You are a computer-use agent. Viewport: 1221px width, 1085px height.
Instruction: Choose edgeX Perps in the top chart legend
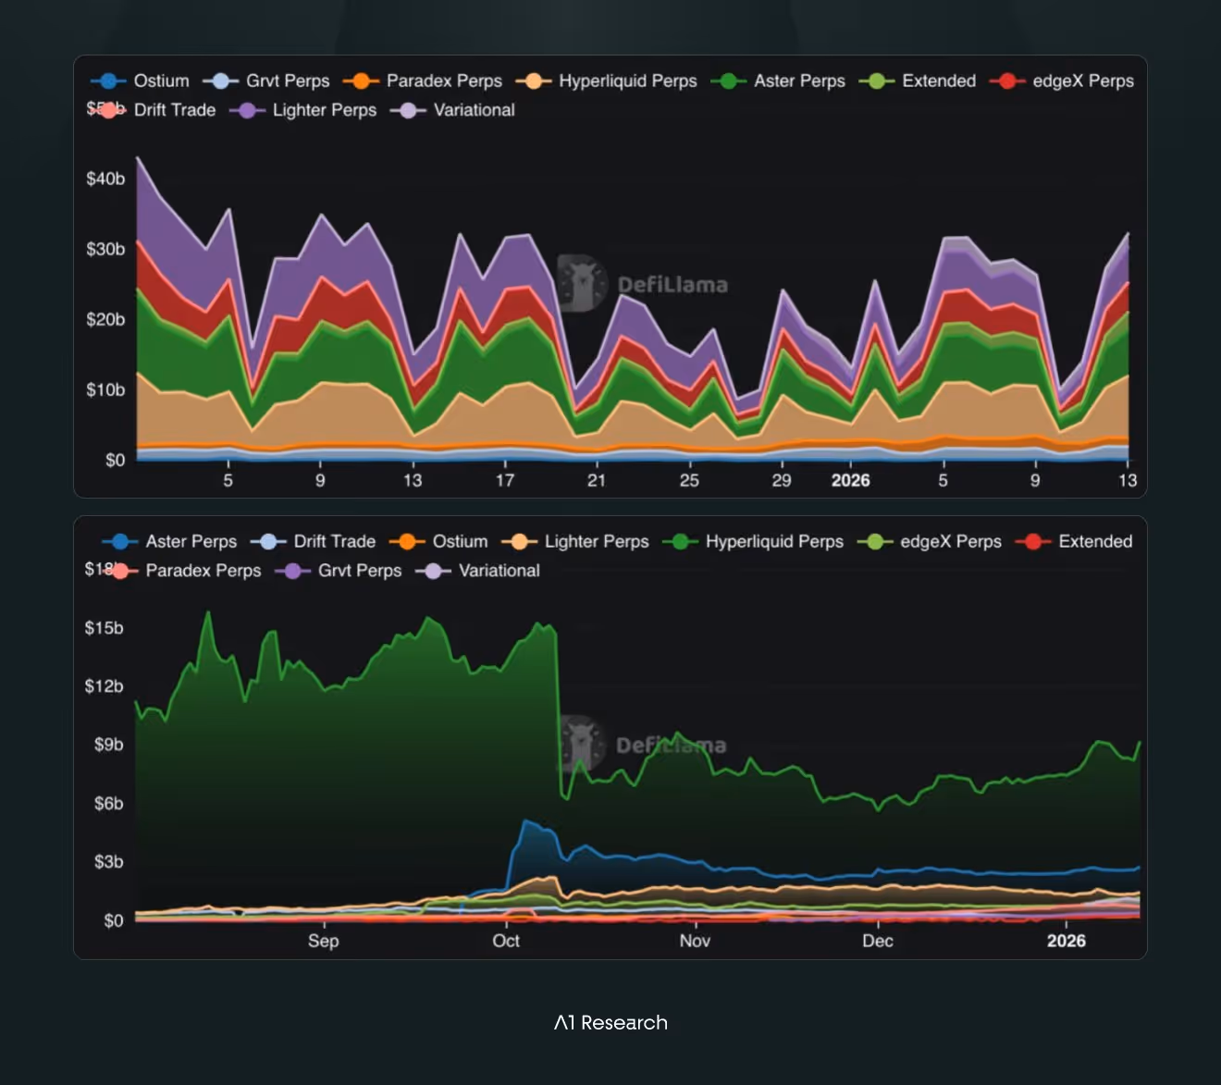[1063, 81]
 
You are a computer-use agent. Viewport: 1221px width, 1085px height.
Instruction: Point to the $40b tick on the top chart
[105, 179]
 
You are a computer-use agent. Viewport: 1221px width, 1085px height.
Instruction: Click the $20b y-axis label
[105, 319]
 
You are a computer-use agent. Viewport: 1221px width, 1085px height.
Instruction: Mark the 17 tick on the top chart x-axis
[505, 480]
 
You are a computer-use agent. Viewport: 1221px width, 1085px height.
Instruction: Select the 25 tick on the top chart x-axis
[689, 480]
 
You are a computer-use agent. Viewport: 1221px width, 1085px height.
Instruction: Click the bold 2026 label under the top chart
[850, 480]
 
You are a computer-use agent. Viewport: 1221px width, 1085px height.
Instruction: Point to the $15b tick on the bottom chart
[104, 628]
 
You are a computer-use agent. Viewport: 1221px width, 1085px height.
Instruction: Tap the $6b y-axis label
[108, 804]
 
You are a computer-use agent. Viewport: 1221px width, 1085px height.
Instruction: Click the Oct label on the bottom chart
[506, 941]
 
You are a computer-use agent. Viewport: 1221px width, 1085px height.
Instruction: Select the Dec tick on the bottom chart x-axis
[878, 941]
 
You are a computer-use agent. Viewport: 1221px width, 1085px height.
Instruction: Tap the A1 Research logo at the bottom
[610, 1023]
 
